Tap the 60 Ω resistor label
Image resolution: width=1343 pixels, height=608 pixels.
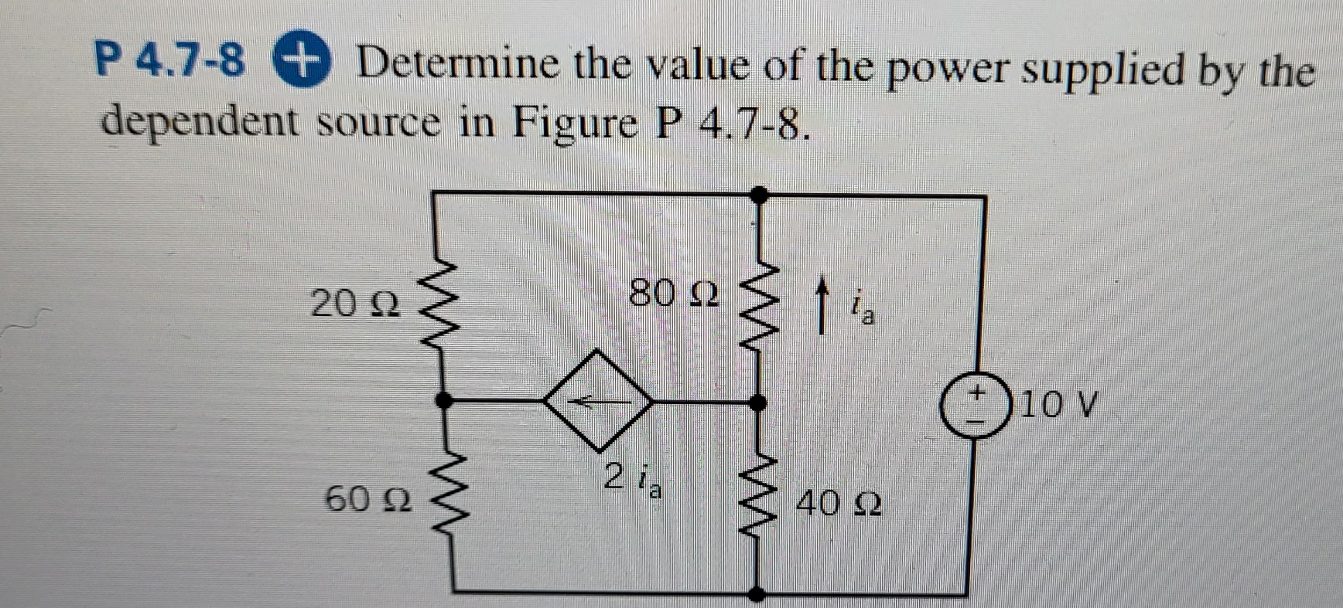pyautogui.click(x=369, y=498)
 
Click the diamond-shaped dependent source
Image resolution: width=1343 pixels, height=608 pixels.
pyautogui.click(x=599, y=400)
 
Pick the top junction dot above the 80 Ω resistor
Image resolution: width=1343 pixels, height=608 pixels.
pyautogui.click(x=761, y=194)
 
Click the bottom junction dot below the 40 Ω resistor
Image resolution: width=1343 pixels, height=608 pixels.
pyautogui.click(x=757, y=594)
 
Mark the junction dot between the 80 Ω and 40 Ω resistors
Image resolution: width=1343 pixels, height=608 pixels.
pyautogui.click(x=757, y=402)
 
